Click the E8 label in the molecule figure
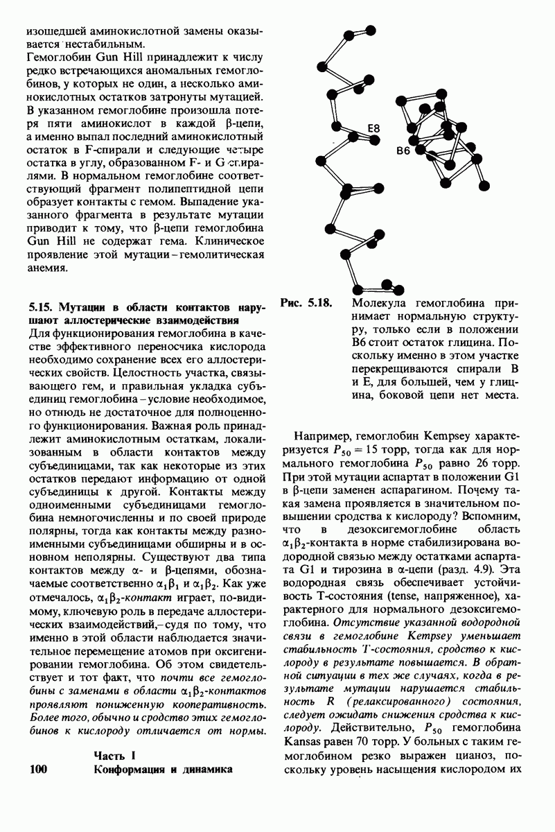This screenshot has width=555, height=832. coord(375,128)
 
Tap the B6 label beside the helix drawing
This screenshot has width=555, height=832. coord(405,150)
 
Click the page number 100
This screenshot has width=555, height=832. coord(43,769)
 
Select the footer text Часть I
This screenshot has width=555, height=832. coord(113,754)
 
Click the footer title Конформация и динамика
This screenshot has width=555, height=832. coord(160,769)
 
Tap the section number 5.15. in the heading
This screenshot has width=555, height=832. coord(42,306)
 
